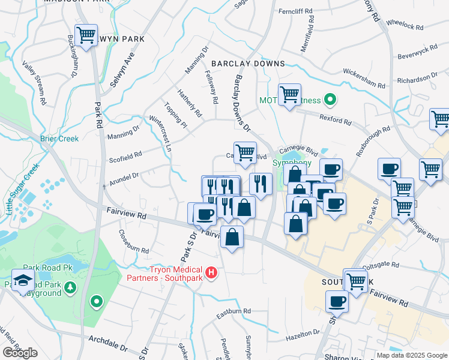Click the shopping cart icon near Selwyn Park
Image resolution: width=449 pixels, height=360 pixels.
(x=86, y=35)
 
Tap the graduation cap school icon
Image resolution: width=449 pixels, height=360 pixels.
(x=23, y=281)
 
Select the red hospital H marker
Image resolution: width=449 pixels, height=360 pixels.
(x=211, y=273)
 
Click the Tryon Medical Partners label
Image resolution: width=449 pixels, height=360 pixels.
(x=165, y=273)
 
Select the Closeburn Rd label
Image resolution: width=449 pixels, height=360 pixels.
(x=133, y=241)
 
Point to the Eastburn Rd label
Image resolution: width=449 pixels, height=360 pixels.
(x=234, y=311)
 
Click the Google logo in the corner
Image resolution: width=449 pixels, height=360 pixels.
(x=20, y=353)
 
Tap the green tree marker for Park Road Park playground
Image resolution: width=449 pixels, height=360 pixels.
(x=71, y=288)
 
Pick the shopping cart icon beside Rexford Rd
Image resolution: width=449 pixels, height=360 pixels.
(x=289, y=94)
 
